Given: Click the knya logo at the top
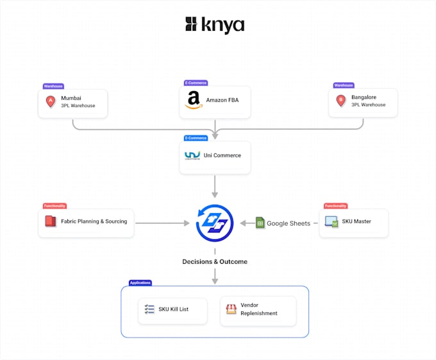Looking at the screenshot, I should click(x=215, y=25).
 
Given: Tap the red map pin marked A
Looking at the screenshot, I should click(x=51, y=101).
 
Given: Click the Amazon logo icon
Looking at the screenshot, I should click(x=193, y=101).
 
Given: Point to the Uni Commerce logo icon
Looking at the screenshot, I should click(x=192, y=155).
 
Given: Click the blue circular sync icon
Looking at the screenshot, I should click(x=215, y=223).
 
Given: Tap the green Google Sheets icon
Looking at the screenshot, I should click(x=260, y=223).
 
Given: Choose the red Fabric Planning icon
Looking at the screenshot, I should click(x=51, y=222).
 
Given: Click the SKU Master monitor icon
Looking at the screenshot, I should click(x=331, y=222).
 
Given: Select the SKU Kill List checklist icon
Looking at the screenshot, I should click(x=149, y=309).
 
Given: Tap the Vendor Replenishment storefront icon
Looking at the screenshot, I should click(x=231, y=309).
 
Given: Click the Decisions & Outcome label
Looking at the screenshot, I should click(x=215, y=262).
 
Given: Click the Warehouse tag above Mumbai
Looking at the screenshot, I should click(x=53, y=85).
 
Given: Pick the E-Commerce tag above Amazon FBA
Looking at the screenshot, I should click(x=196, y=83).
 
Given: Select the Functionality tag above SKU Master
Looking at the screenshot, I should click(x=335, y=206).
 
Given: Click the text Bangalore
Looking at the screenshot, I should click(x=364, y=98).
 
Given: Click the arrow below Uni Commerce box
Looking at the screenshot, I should click(x=215, y=186).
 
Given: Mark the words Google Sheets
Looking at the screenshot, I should click(x=289, y=223).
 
